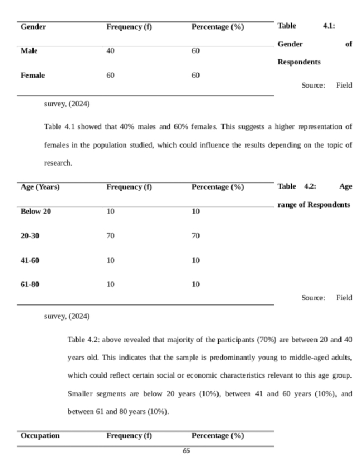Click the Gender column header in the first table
click(33, 27)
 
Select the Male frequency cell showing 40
click(110, 51)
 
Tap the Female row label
click(32, 75)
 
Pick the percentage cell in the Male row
click(196, 51)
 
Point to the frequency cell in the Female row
click(110, 75)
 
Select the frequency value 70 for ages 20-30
click(110, 236)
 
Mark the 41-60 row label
click(30, 260)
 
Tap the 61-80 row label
click(30, 284)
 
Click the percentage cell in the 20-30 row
click(196, 236)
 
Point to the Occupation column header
click(40, 435)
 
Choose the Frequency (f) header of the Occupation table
click(129, 435)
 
